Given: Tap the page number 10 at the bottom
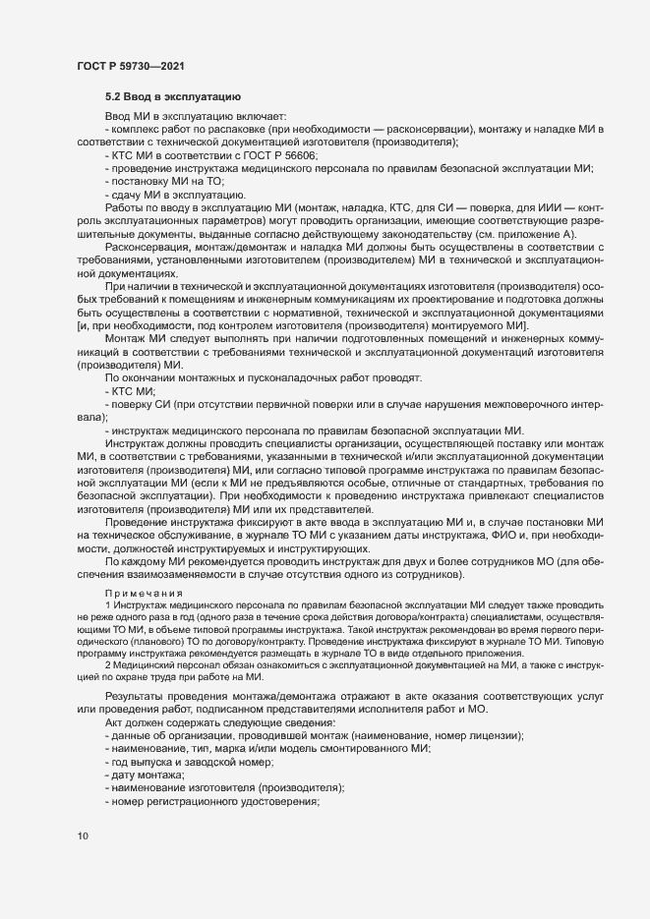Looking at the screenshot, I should pyautogui.click(x=83, y=837).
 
